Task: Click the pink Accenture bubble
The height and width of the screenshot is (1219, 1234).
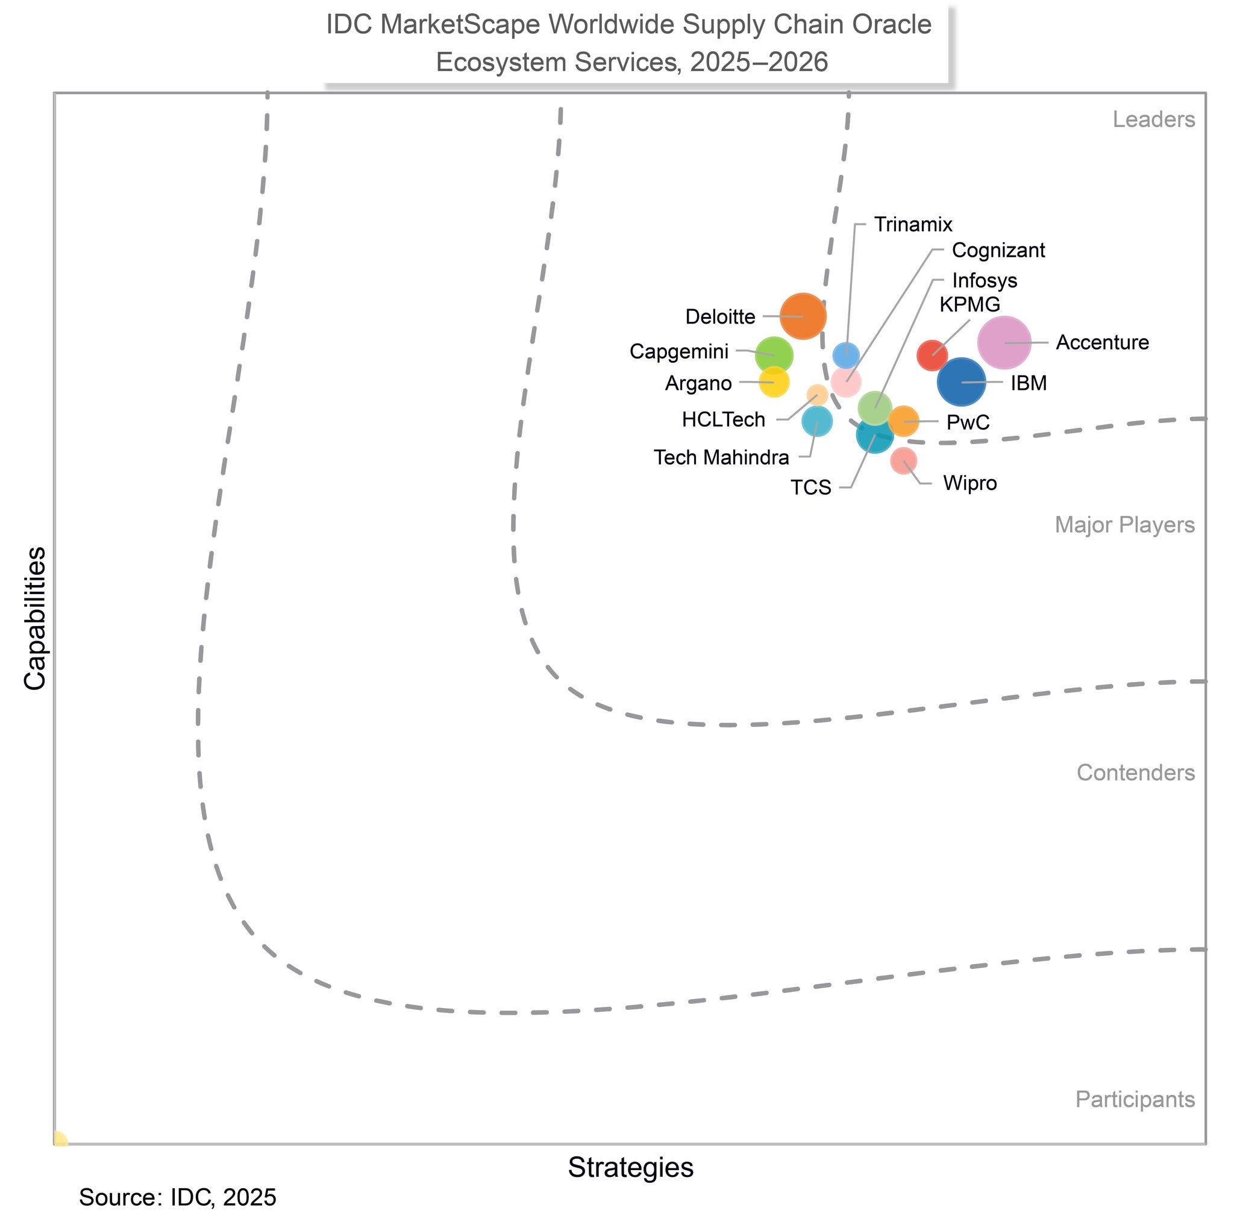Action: pos(1003,342)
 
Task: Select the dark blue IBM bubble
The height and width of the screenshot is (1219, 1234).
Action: pos(961,382)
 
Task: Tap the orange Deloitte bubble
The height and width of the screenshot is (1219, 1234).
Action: pos(803,316)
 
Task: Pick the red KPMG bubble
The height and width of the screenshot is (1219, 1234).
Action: pos(932,356)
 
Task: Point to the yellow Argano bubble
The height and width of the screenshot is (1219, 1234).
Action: pos(774,382)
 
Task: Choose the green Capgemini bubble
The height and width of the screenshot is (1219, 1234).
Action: pos(774,354)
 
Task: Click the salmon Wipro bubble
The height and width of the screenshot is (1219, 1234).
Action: pos(903,460)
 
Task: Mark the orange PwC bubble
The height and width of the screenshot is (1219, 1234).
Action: pos(903,421)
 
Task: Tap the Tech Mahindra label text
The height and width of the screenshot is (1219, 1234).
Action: pos(721,457)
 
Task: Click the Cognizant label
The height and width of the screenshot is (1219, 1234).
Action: pos(998,250)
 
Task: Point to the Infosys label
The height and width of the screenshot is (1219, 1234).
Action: pos(985,280)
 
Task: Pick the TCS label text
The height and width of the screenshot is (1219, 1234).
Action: pos(810,487)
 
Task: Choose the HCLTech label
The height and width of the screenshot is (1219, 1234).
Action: pos(723,420)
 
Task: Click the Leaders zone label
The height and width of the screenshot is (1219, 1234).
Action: pos(1153,119)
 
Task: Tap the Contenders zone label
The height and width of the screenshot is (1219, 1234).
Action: pos(1135,772)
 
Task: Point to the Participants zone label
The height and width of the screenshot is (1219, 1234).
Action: pos(1135,1099)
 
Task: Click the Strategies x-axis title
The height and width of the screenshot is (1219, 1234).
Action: pos(630,1167)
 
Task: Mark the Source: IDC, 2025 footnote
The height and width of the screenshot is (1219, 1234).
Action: pos(178,1197)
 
